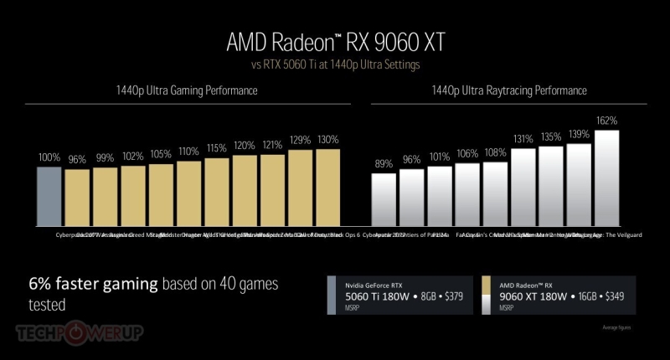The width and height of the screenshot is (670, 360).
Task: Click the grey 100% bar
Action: pos(49,196)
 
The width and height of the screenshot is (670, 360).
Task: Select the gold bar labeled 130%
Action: pos(328,188)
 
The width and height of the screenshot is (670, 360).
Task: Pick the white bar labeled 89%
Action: pos(384,199)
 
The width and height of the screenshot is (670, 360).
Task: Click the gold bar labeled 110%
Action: pos(189,193)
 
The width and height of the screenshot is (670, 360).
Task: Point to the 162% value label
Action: pos(607,121)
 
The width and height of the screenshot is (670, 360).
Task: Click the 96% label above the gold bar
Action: pos(77,159)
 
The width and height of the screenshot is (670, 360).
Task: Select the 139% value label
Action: pos(579,135)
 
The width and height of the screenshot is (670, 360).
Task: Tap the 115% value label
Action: pos(217,148)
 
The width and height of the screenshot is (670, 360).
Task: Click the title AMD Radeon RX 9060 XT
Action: pos(334,42)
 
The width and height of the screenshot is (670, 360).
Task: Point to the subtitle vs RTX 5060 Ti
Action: pos(334,64)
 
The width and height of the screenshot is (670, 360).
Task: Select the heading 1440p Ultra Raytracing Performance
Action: pos(508,90)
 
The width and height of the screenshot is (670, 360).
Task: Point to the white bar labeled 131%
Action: pos(523,186)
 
